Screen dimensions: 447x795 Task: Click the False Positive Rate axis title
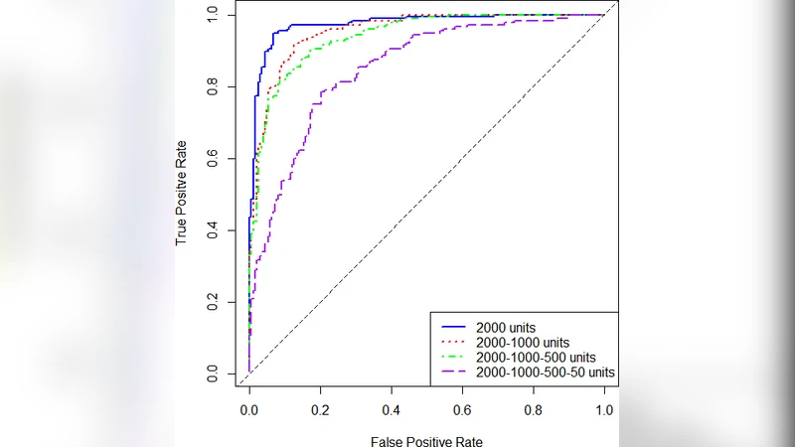pos(426,440)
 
